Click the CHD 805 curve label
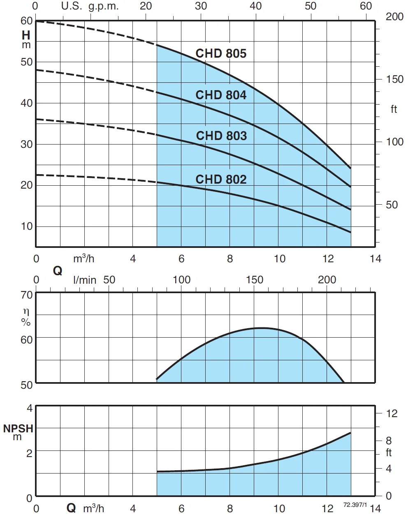pos(221,54)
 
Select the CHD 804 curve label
pos(221,95)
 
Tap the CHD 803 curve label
pos(221,136)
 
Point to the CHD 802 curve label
pos(221,180)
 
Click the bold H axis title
pos(26,35)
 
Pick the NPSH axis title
pos(18,429)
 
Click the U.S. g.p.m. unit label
pos(90,6)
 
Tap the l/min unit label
pos(85,280)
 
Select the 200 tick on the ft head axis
pos(394,17)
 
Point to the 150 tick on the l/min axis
pos(254,280)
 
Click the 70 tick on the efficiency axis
pos(26,295)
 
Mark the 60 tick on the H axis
pos(26,21)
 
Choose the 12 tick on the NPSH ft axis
pos(392,413)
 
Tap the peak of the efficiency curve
pos(261,328)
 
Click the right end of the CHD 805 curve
pos(350,168)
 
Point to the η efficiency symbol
pos(26,313)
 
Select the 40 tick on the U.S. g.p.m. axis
pos(255,6)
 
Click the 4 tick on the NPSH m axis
pos(29,408)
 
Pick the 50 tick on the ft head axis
pos(392,205)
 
